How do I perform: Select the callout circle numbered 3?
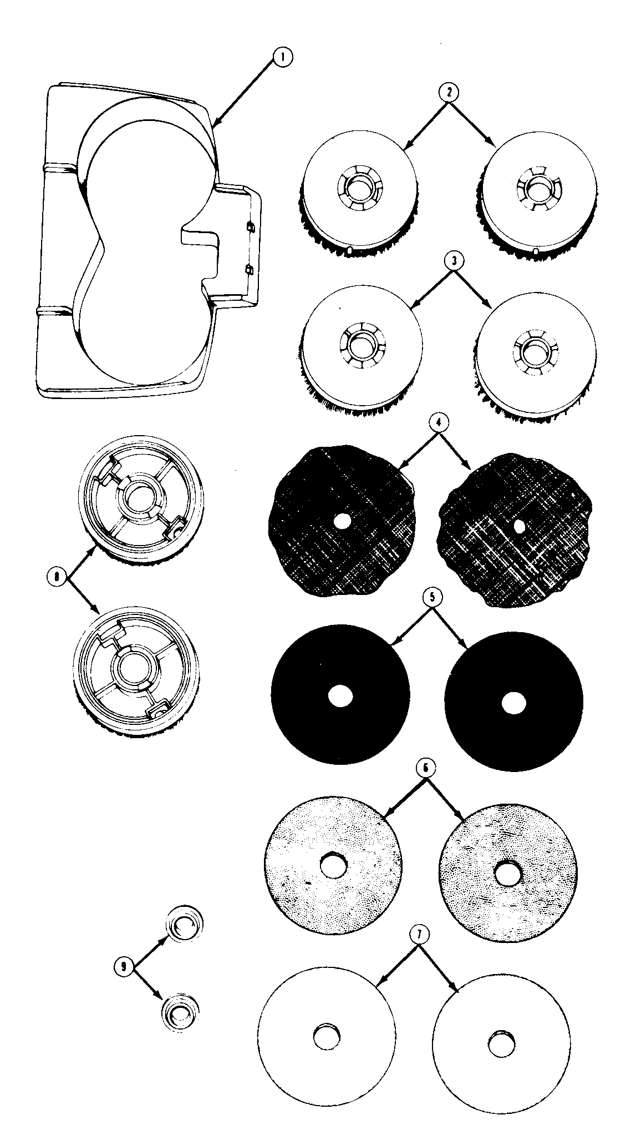coord(454,263)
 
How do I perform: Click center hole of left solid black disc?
coord(340,697)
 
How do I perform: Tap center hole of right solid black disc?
coord(513,702)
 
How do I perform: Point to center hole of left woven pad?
coord(342,521)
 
